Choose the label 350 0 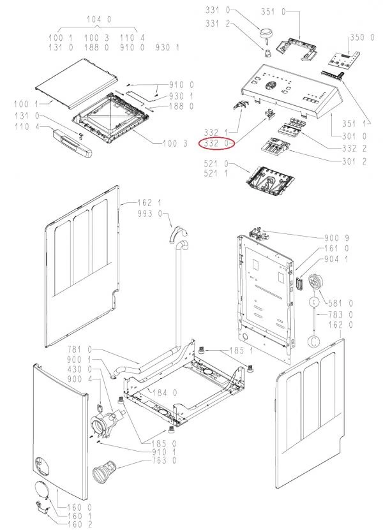coord(362,38)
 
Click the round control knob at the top coord(266,32)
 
